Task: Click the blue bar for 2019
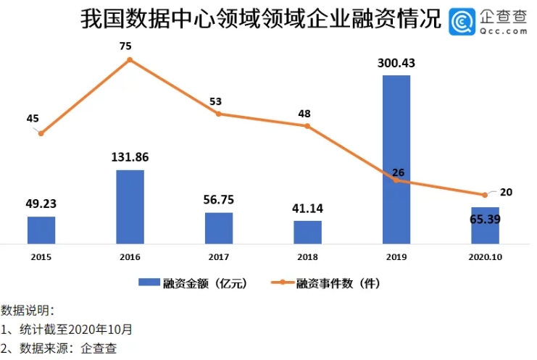point(396,159)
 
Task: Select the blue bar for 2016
point(130,207)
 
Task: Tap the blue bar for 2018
point(307,232)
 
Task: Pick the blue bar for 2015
point(41,230)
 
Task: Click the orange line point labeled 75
point(130,59)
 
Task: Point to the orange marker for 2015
point(41,133)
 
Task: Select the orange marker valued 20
point(484,195)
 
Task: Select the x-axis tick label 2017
point(218,256)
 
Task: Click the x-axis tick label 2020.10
point(484,256)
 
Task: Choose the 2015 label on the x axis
point(41,256)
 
